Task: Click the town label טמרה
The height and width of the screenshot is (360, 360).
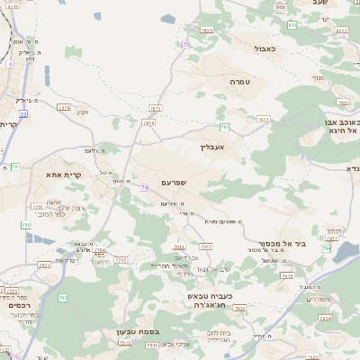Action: [x=238, y=81]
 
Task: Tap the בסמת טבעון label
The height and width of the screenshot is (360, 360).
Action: [x=137, y=332]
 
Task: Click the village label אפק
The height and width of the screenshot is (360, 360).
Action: [x=83, y=112]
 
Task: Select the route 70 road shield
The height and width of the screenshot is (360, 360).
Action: [x=185, y=44]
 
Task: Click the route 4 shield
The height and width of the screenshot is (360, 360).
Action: [x=10, y=65]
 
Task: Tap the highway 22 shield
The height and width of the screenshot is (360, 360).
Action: [x=24, y=114]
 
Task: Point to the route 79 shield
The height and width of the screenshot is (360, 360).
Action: [x=144, y=187]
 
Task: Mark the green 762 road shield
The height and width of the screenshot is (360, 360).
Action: [x=62, y=298]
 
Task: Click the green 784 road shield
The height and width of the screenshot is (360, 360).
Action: [x=224, y=127]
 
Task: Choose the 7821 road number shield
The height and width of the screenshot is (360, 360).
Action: [x=263, y=119]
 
